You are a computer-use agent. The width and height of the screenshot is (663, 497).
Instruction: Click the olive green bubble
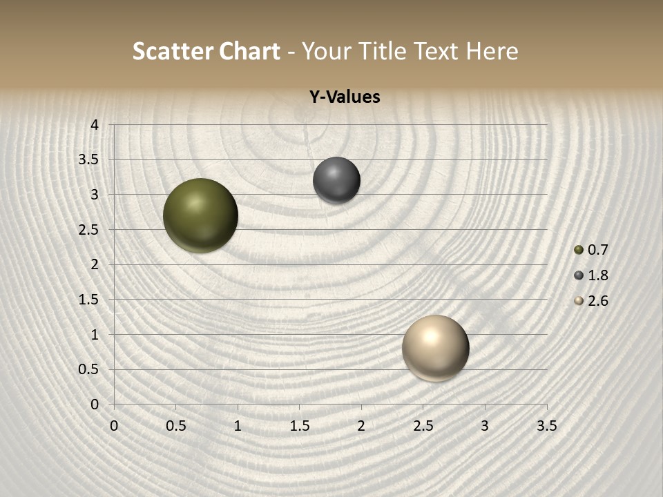tap(200, 215)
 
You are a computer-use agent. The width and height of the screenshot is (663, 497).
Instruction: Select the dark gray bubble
tap(336, 180)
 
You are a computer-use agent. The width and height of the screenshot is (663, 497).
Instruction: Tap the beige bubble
tap(435, 348)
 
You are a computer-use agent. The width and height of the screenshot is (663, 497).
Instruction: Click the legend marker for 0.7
tap(579, 250)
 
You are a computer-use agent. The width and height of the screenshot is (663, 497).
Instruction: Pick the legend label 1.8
tap(597, 275)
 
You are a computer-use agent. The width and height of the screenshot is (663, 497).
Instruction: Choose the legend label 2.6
tap(597, 301)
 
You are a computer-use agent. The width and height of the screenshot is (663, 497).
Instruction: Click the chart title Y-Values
tap(344, 97)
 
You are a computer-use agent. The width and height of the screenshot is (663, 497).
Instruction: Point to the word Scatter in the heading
tap(173, 51)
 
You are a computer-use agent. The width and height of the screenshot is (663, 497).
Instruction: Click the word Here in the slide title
tap(492, 51)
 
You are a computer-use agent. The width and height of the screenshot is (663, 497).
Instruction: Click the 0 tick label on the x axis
tap(114, 426)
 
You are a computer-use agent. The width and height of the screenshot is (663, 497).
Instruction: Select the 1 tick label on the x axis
tap(238, 426)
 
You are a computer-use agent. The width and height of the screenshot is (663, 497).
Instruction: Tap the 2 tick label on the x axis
tap(361, 426)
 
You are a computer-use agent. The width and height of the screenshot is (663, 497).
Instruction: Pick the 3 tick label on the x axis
tap(485, 426)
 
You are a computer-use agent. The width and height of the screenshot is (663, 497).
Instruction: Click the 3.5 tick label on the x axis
tap(546, 426)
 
